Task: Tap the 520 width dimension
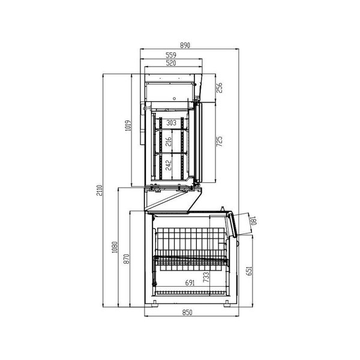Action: point(172,63)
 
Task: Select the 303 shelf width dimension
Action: point(172,122)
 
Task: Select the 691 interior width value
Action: point(189,283)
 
